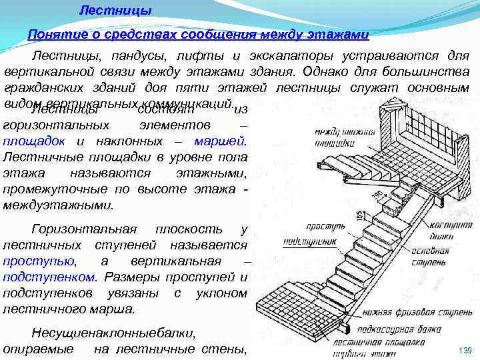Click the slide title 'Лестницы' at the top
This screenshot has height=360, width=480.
tap(115, 10)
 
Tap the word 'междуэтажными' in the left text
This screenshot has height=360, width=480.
tap(58, 205)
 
